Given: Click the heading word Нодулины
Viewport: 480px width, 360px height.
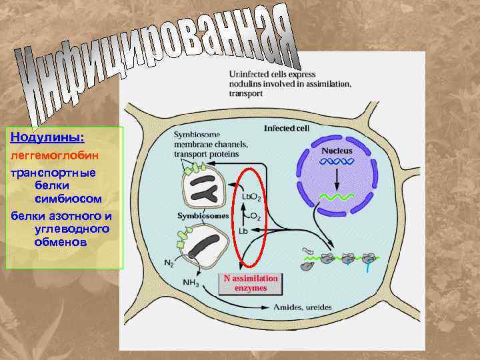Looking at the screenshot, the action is point(47,137).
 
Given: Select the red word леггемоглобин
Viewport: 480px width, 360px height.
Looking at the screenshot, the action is point(53,155).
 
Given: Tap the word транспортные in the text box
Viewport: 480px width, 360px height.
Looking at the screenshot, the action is point(53,172).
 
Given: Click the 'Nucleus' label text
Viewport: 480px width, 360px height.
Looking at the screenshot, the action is point(337,151).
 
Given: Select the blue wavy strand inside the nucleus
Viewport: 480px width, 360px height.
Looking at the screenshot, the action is point(337,162).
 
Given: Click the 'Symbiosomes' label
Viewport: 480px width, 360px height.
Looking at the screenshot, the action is point(203,216).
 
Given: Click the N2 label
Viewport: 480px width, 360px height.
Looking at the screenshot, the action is point(169,263).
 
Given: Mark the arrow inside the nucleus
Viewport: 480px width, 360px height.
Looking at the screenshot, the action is point(337,179).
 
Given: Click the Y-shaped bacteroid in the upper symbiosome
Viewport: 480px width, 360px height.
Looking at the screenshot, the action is point(203,193).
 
